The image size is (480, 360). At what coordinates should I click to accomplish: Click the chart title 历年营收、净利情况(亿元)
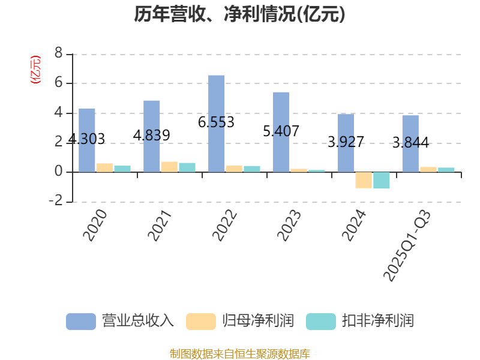point(239,14)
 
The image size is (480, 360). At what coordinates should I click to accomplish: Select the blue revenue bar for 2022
point(216,124)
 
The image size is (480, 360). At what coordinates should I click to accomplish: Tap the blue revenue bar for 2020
point(86,140)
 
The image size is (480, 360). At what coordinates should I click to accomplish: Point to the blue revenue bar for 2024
point(346,143)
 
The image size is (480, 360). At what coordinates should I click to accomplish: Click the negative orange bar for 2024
point(364,180)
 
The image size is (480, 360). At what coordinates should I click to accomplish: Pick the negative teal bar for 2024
point(382,181)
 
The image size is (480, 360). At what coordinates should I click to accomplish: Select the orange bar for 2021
point(169,167)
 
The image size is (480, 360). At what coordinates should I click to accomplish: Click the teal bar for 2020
point(122,169)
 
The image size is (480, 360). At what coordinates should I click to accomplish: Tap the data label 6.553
point(216,122)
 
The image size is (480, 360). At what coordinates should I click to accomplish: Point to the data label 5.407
point(281,131)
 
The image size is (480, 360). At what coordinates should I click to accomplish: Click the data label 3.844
point(411,143)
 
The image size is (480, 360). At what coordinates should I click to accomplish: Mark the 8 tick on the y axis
point(58,53)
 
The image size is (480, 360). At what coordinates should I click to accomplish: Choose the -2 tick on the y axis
point(56,201)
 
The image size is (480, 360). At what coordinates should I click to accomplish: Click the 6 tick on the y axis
point(58,83)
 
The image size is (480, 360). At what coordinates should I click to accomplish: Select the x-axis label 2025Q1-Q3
point(407,245)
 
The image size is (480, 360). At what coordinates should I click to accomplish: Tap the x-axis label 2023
point(289,226)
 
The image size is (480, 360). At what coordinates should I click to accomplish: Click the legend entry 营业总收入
point(120,321)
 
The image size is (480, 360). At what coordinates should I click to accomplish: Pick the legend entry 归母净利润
point(240,321)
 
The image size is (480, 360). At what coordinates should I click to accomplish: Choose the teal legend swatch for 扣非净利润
point(321,322)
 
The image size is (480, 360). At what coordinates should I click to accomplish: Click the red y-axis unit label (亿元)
point(35,70)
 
